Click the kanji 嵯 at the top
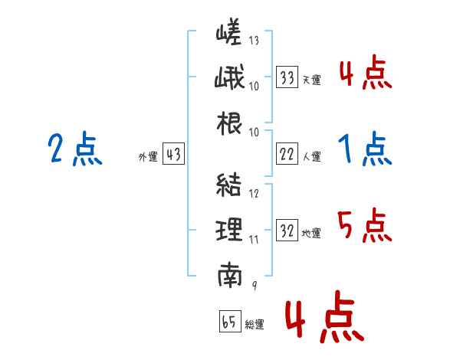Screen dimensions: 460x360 (x=228, y=31)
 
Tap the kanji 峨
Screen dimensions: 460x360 (x=229, y=77)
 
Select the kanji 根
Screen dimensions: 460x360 (x=229, y=123)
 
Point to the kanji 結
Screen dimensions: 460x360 (x=228, y=185)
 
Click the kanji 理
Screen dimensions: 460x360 (x=229, y=230)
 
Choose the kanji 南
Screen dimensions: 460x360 (x=230, y=275)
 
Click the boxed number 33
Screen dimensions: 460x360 (x=287, y=77)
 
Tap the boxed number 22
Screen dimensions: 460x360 (x=287, y=154)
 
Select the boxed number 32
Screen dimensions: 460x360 (x=287, y=230)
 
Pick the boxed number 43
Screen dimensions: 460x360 (x=173, y=154)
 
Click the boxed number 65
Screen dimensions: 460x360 (x=230, y=321)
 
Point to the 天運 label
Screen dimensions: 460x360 (x=312, y=80)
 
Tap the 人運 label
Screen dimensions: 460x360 (x=312, y=156)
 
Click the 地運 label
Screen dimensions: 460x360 (x=311, y=233)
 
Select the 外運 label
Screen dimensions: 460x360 (x=148, y=156)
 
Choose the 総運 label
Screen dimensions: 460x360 (x=255, y=324)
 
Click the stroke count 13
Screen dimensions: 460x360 (x=254, y=40)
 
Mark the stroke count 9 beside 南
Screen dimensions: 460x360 (x=255, y=285)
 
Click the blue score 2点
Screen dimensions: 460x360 (x=75, y=149)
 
